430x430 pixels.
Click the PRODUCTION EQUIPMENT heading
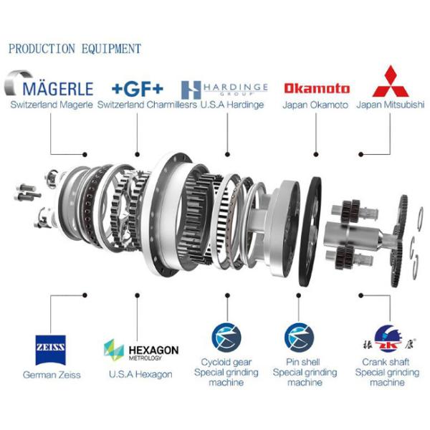click(x=75, y=49)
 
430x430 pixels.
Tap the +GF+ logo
click(x=138, y=88)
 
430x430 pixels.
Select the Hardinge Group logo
click(x=224, y=88)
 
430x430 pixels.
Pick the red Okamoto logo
click(x=317, y=88)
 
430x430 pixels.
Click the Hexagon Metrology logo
click(x=141, y=351)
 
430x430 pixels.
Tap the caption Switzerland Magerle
click(x=52, y=105)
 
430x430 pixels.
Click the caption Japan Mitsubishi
click(x=391, y=105)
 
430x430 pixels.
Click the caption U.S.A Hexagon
click(x=140, y=375)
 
